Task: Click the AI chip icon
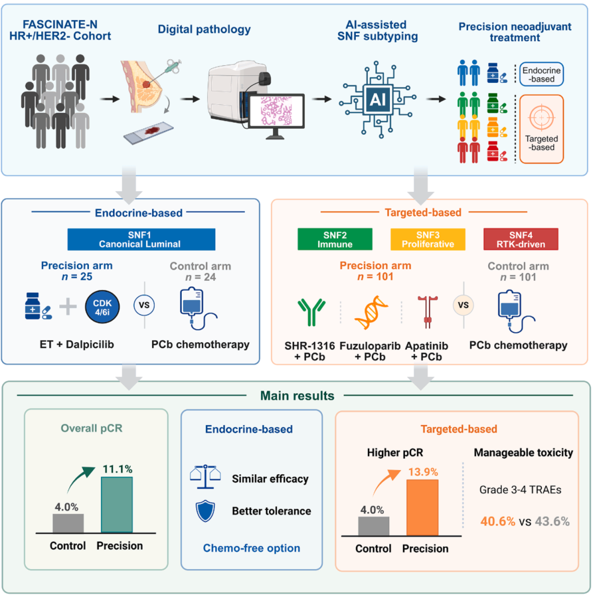pos(378,99)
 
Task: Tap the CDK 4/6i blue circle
pos(102,307)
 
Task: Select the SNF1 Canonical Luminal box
pos(142,240)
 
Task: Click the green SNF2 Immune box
pos(335,240)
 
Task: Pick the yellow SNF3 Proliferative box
pos(428,240)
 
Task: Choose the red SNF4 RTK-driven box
pos(521,240)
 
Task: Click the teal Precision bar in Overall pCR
pos(117,505)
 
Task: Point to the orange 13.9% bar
pos(422,508)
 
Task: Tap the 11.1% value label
pos(118,469)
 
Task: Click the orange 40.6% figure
pos(498,521)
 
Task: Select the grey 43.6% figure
pos(552,521)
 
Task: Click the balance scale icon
pos(205,477)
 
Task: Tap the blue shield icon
pos(205,511)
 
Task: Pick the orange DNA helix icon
pos(371,312)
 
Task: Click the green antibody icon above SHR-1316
pos(311,312)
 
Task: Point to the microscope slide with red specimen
pos(148,133)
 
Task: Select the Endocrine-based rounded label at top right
pos(541,74)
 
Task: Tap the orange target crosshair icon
pos(541,118)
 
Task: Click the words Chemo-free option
pos(251,548)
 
